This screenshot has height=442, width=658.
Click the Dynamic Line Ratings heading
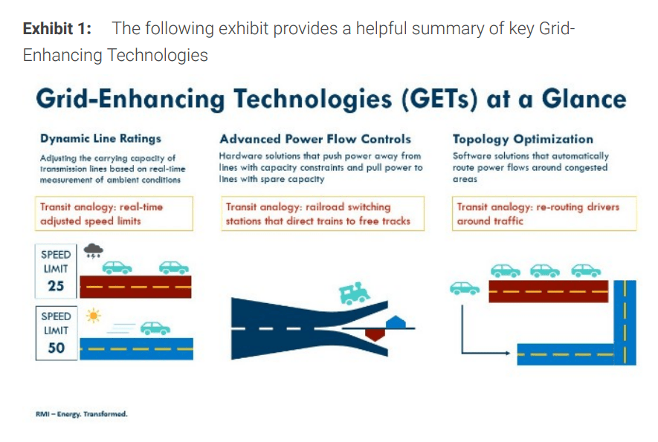[100, 138]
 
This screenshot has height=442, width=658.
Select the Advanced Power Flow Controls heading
[315, 139]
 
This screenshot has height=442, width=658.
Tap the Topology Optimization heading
[523, 139]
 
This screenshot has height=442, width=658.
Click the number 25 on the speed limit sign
[56, 285]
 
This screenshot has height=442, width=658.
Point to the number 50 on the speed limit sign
[57, 348]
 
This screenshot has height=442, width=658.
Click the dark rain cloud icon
[93, 250]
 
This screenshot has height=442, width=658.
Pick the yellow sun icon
[93, 316]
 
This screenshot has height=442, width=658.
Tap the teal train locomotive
[354, 292]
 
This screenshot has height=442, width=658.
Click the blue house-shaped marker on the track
[396, 322]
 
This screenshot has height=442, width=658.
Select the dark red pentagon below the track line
[375, 334]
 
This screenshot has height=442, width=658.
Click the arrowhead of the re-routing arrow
[507, 353]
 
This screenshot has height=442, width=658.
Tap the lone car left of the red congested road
[465, 288]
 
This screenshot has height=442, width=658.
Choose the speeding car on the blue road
[155, 328]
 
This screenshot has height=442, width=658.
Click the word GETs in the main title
[439, 100]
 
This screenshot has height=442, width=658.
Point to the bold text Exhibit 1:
[57, 28]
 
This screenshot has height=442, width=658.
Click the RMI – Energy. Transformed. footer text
[81, 414]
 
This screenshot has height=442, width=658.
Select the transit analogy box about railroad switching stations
[323, 213]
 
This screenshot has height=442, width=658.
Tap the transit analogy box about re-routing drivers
[544, 213]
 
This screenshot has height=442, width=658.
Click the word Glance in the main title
[584, 99]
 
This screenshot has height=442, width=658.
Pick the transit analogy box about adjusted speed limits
[114, 213]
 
